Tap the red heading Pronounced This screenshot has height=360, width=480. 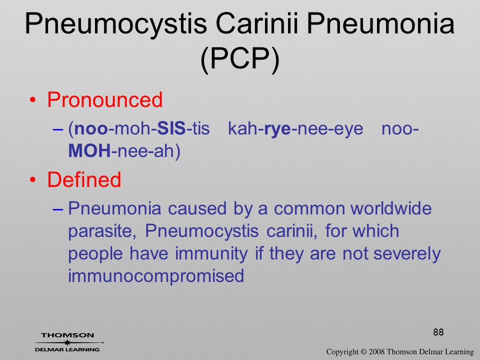pos(104,99)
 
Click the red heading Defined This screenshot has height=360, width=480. pos(84,179)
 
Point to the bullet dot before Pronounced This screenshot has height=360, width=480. pos(33,100)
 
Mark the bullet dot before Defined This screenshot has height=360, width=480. pos(33,180)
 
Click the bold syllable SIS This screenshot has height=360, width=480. pos(171,128)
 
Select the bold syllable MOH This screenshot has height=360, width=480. pos(89,150)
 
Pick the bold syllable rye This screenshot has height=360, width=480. pos(277,129)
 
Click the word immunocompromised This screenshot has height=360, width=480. pos(156,276)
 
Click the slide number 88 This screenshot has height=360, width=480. pos(438,332)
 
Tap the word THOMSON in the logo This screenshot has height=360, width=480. pos(67,335)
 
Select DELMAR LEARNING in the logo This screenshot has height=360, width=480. pos(67,349)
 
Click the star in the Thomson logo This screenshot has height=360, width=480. pos(67,342)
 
